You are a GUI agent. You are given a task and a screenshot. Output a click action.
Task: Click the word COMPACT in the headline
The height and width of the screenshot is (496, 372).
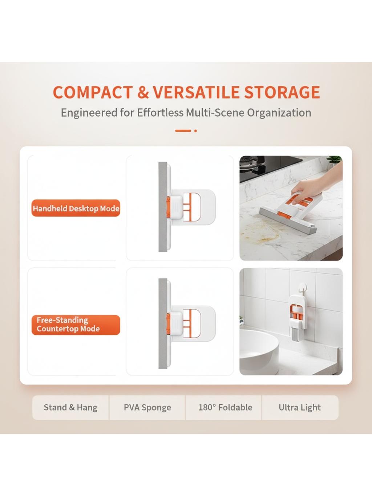tap(93, 92)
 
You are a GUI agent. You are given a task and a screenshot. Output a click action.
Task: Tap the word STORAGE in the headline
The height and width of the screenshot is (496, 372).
tap(282, 92)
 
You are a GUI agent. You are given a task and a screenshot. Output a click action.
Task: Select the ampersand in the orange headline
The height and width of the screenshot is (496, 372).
tap(143, 92)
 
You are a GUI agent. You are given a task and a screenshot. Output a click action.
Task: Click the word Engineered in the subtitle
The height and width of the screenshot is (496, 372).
tap(89, 113)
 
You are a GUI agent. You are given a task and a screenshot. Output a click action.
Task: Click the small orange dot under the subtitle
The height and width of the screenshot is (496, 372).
tap(195, 131)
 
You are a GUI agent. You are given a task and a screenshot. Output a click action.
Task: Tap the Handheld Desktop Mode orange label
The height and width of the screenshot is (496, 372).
tap(76, 208)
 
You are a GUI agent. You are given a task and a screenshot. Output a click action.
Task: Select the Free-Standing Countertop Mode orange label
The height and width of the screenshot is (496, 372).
tap(76, 325)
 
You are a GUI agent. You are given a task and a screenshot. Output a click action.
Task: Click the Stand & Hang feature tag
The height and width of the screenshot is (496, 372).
tap(71, 407)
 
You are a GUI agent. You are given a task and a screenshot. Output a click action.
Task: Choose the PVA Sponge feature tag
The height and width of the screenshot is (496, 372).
tap(147, 407)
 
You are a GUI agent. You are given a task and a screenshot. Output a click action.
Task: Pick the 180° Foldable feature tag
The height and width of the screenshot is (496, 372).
tap(225, 407)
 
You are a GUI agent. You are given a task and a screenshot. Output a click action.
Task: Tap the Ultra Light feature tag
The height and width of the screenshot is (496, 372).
tap(300, 407)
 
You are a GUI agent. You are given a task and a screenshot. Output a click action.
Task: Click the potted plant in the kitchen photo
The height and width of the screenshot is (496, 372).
tap(334, 161)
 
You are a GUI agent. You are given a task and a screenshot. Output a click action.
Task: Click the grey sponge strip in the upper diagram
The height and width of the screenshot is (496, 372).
tap(163, 207)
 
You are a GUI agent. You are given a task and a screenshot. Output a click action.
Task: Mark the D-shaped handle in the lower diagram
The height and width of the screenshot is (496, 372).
tap(191, 323)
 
